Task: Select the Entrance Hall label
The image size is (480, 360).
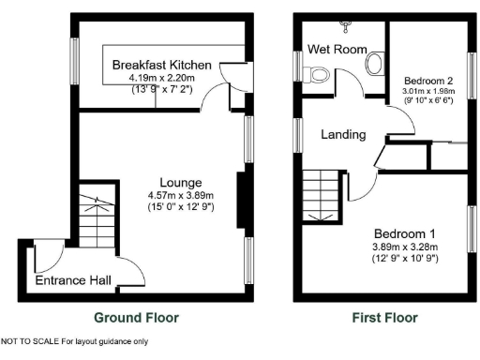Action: pyautogui.click(x=73, y=280)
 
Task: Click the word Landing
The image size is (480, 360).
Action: pyautogui.click(x=342, y=135)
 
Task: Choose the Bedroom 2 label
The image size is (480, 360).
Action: pyautogui.click(x=427, y=81)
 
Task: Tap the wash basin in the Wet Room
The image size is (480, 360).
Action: pyautogui.click(x=375, y=64)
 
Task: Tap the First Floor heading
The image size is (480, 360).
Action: pyautogui.click(x=385, y=318)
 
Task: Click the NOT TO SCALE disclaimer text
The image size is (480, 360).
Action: pyautogui.click(x=75, y=341)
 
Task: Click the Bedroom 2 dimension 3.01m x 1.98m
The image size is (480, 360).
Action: pyautogui.click(x=427, y=92)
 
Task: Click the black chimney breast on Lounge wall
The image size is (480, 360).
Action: pyautogui.click(x=243, y=201)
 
